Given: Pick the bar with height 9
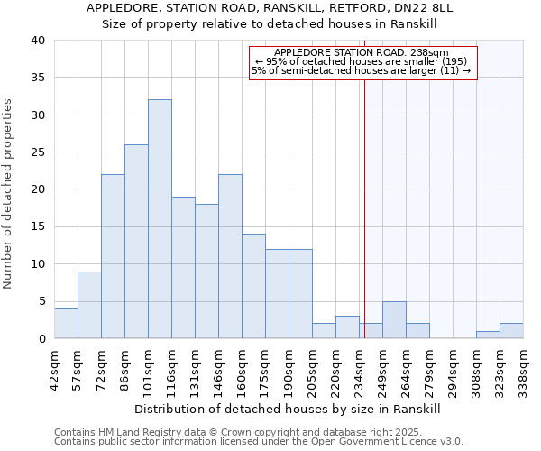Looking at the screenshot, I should [x=89, y=305].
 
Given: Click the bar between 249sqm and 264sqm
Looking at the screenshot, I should [x=394, y=320].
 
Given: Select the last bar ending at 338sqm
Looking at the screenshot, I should [x=511, y=331].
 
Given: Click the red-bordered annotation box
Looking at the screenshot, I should [x=362, y=62].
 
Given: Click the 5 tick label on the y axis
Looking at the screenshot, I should [x=41, y=301].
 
